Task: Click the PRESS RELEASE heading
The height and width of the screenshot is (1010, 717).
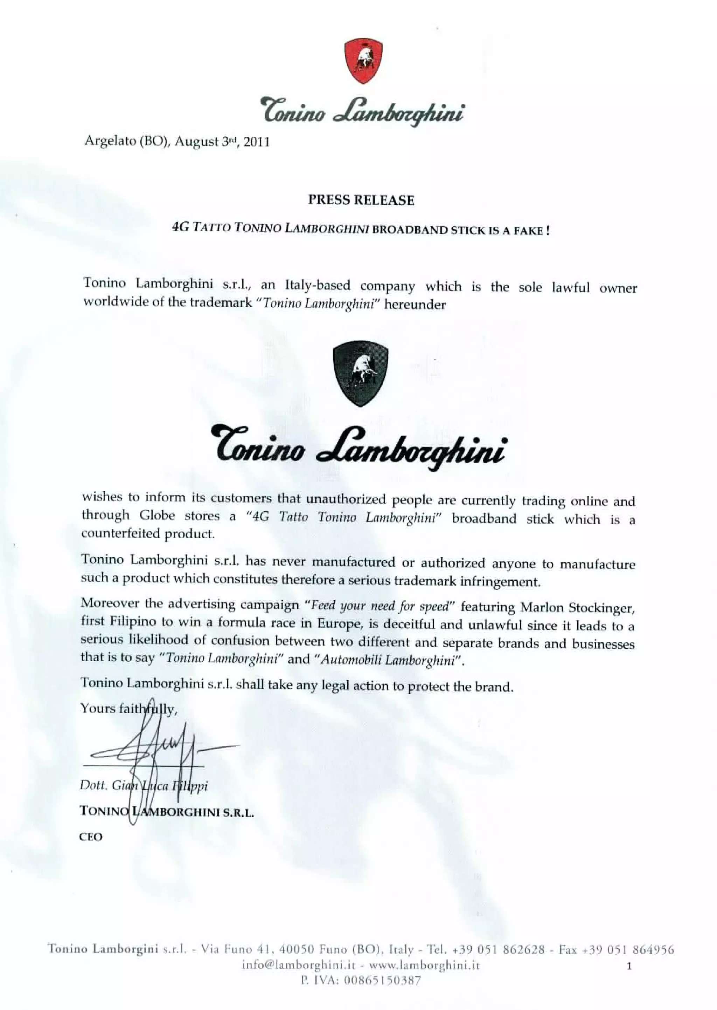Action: point(361,200)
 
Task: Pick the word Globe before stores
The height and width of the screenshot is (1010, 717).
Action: point(157,516)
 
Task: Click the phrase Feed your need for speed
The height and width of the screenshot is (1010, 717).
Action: point(380,606)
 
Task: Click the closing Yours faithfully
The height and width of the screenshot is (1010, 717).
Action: point(129,709)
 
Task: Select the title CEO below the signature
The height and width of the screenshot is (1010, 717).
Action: point(91,837)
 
